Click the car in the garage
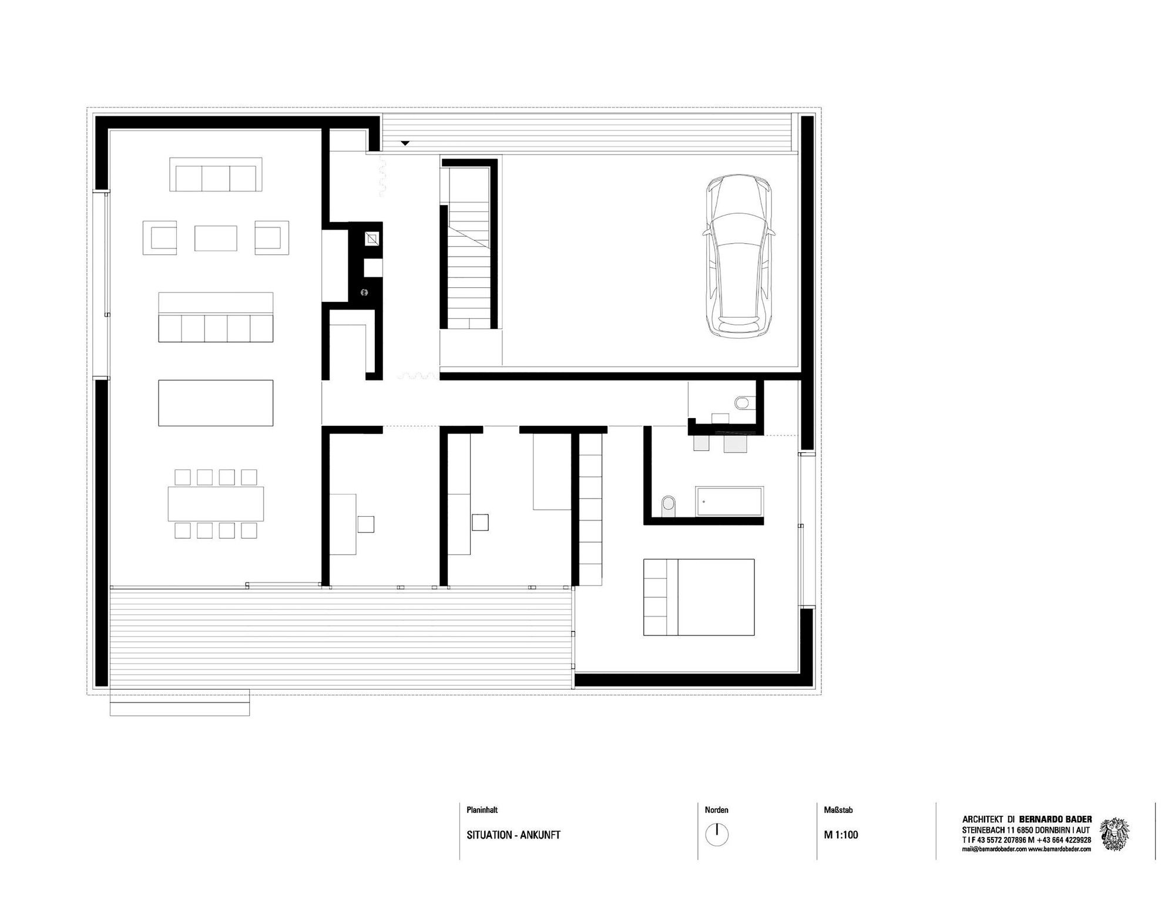coord(737,256)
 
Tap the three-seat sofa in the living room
coord(216,174)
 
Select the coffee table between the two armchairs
coord(216,238)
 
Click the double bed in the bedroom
coord(699,597)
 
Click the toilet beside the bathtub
coord(669,505)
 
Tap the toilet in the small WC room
coord(741,403)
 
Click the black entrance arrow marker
coord(405,143)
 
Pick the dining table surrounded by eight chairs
coord(216,504)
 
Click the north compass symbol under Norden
coord(717,834)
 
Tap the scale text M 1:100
coord(841,835)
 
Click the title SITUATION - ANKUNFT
coord(513,835)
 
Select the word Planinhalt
coord(482,810)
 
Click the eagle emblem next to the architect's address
coord(1114,834)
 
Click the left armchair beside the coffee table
coord(160,238)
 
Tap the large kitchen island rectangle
coord(216,403)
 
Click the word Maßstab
coord(838,810)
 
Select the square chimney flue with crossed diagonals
coord(372,239)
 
